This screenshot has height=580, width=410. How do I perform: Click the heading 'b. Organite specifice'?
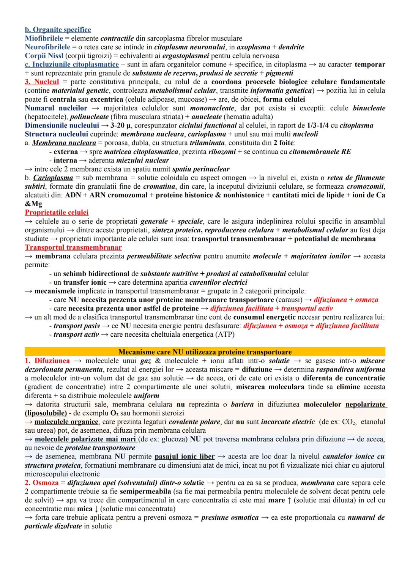click(x=58, y=30)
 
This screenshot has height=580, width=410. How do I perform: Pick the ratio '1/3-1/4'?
click(x=314, y=125)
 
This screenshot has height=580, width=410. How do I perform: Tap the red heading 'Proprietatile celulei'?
click(x=57, y=213)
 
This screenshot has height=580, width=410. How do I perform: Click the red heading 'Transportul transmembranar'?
click(x=73, y=247)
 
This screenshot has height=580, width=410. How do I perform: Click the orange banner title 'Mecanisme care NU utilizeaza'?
click(x=205, y=352)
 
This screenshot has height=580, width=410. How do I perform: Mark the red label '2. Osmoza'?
click(x=42, y=483)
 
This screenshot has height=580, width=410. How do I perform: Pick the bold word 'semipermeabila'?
click(x=142, y=492)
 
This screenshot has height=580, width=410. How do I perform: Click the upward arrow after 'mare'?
click(x=289, y=500)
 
